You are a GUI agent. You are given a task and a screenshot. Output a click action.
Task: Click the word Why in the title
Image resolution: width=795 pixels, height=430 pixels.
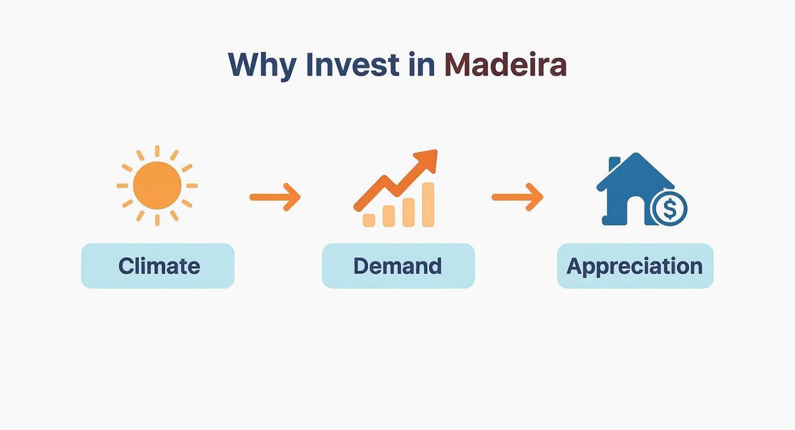[x=262, y=65]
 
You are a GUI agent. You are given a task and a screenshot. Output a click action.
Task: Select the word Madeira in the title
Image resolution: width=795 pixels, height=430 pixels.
[x=505, y=65]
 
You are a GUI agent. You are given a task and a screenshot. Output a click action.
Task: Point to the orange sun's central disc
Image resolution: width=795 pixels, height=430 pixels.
[x=157, y=185]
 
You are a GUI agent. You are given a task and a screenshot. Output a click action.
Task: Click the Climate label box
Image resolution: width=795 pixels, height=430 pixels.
[x=158, y=266]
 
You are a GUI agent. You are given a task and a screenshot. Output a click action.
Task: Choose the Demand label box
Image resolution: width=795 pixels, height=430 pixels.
[x=398, y=266]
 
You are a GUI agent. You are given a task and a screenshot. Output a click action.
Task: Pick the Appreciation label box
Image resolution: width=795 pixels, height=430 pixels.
[x=635, y=266]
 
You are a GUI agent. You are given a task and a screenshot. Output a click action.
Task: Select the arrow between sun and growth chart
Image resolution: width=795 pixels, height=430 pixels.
[x=275, y=197]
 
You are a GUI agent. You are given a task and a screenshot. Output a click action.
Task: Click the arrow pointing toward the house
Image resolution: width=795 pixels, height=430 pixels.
[x=517, y=197]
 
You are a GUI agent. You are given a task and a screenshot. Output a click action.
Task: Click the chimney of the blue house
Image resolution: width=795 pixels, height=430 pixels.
[x=615, y=164]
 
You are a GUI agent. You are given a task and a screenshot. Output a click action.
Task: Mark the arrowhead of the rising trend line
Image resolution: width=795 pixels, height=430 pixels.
[x=428, y=158]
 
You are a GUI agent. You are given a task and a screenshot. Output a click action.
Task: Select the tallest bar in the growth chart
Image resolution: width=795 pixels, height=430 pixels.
[x=427, y=204]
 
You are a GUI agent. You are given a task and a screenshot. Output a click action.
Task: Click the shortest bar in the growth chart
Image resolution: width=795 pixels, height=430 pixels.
[x=370, y=220]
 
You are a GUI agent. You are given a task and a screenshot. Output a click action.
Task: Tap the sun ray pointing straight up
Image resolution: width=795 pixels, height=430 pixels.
[x=157, y=152]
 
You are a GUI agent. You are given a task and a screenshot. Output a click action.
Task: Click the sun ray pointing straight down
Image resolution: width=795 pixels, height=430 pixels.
[x=157, y=220]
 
